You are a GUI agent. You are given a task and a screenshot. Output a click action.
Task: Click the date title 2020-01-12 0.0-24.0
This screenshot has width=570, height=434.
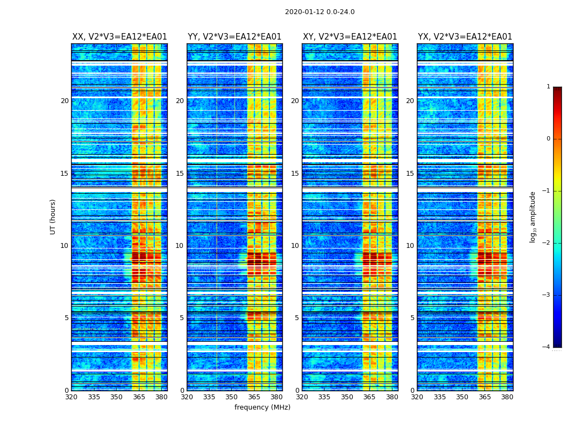pyautogui.click(x=320, y=12)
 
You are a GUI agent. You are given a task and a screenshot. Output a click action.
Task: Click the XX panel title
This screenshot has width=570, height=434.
pyautogui.click(x=119, y=37)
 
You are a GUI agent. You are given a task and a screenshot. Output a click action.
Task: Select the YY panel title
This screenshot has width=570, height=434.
pyautogui.click(x=235, y=37)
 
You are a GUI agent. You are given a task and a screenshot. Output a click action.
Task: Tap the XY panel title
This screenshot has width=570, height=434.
pyautogui.click(x=350, y=37)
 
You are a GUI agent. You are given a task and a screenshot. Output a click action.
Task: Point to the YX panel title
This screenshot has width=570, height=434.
pyautogui.click(x=465, y=37)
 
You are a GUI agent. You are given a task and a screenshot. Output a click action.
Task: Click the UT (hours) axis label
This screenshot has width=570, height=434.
pyautogui.click(x=53, y=216)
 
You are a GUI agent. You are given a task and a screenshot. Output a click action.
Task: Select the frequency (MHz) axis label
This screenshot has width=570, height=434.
pyautogui.click(x=262, y=407)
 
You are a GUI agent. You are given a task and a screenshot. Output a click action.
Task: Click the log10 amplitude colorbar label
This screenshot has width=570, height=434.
pyautogui.click(x=533, y=216)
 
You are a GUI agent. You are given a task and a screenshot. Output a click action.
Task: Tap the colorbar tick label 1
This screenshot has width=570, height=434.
pyautogui.click(x=548, y=87)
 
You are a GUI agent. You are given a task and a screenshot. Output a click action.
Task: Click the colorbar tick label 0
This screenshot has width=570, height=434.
pyautogui.click(x=548, y=139)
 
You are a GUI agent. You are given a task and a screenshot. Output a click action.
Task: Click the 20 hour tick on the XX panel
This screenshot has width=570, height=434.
pyautogui.click(x=65, y=101)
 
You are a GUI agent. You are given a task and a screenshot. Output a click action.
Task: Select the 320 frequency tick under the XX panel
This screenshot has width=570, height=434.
pyautogui.click(x=71, y=397)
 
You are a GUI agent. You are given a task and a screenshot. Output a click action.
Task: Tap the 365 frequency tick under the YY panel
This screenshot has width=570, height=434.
pyautogui.click(x=254, y=397)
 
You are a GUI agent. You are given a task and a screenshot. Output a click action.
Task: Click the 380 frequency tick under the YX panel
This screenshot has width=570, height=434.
pyautogui.click(x=507, y=397)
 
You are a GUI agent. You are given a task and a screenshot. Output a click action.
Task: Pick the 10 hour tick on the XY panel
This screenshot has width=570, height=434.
pyautogui.click(x=295, y=246)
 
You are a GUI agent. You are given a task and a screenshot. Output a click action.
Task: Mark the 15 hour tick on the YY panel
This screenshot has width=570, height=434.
pyautogui.click(x=180, y=174)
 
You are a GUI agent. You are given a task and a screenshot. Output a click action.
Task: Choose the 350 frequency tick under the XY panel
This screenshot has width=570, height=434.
pyautogui.click(x=347, y=397)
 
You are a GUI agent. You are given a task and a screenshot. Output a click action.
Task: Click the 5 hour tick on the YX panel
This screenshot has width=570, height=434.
pyautogui.click(x=413, y=318)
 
